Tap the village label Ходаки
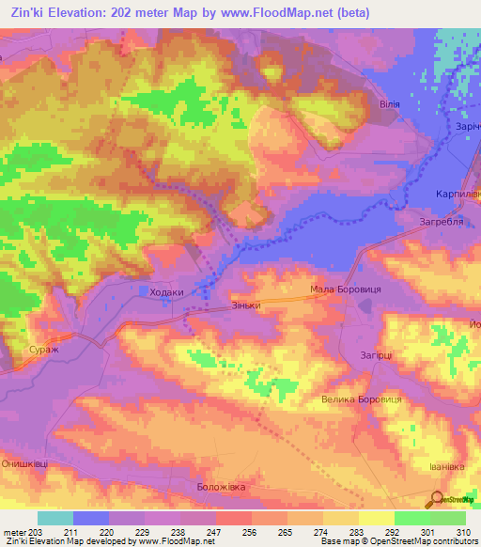point(166,292)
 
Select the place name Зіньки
point(244,306)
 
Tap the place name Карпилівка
point(458,193)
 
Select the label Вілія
point(389,105)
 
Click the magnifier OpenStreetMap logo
point(438,500)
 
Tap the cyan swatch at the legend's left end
point(55,518)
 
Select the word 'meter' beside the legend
point(14,533)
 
